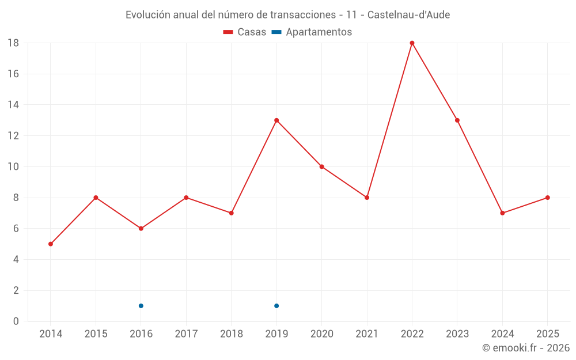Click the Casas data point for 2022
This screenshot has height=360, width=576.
pos(412,43)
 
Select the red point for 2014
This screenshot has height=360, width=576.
pos(51,244)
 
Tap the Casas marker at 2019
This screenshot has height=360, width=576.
pos(276,120)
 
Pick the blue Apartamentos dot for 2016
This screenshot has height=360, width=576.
pos(141,306)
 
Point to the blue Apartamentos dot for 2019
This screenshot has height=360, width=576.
pos(276,306)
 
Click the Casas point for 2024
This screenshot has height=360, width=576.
pos(502,213)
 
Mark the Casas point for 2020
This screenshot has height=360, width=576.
pos(321,167)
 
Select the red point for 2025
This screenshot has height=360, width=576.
pos(548,198)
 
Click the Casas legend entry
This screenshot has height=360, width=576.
pos(245,32)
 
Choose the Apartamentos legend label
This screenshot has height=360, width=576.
pos(318,32)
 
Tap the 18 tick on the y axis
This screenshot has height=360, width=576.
pos(13,43)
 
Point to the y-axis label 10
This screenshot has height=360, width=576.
pos(13,167)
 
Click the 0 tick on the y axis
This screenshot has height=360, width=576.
pos(16,321)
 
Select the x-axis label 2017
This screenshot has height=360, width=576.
pos(186,334)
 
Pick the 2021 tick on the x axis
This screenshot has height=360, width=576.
pos(367,334)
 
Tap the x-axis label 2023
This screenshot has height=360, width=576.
pos(457,334)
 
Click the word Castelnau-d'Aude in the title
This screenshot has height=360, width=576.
pos(408,15)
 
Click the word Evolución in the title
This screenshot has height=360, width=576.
pos(147,15)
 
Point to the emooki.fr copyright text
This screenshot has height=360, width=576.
pos(525,348)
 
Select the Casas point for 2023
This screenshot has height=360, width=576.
pos(457,120)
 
